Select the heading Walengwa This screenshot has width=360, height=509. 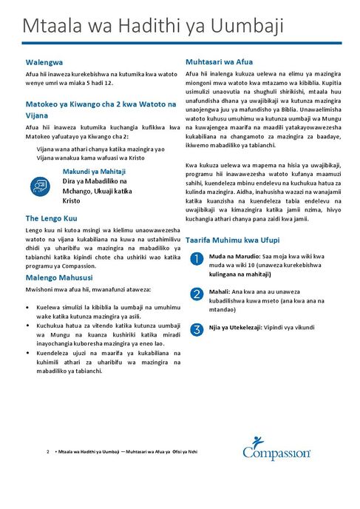pos(46,63)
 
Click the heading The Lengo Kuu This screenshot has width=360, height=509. pos(51,218)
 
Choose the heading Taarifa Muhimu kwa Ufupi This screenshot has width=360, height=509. pos(232,241)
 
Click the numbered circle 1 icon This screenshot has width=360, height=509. pos(196,258)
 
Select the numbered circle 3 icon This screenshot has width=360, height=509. pos(196,329)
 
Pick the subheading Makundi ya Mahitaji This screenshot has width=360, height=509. pos(93,171)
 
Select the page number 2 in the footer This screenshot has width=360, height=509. pos(47,451)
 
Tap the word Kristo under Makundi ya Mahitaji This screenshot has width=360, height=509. pos(72,200)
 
